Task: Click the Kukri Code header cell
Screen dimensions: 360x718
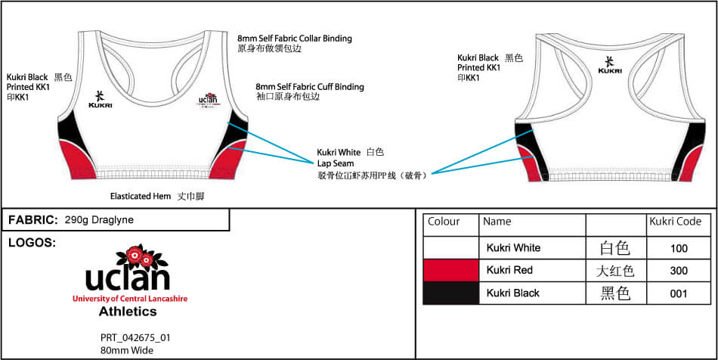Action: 675,222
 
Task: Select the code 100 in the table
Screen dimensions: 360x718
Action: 679,248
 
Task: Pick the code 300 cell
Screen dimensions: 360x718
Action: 679,271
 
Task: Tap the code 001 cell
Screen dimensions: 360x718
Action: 679,293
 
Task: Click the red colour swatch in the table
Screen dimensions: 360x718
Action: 451,270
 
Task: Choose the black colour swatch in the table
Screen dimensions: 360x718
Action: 451,293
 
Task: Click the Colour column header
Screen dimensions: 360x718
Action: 444,222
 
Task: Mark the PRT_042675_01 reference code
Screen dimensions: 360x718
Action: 135,338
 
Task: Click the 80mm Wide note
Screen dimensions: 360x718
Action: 126,350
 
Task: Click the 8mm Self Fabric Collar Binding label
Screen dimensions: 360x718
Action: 294,39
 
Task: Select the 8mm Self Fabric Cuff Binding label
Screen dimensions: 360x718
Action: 309,87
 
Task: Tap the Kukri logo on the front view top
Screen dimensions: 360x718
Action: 100,99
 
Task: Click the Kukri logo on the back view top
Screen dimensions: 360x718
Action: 610,65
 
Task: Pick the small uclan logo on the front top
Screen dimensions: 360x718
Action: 208,100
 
